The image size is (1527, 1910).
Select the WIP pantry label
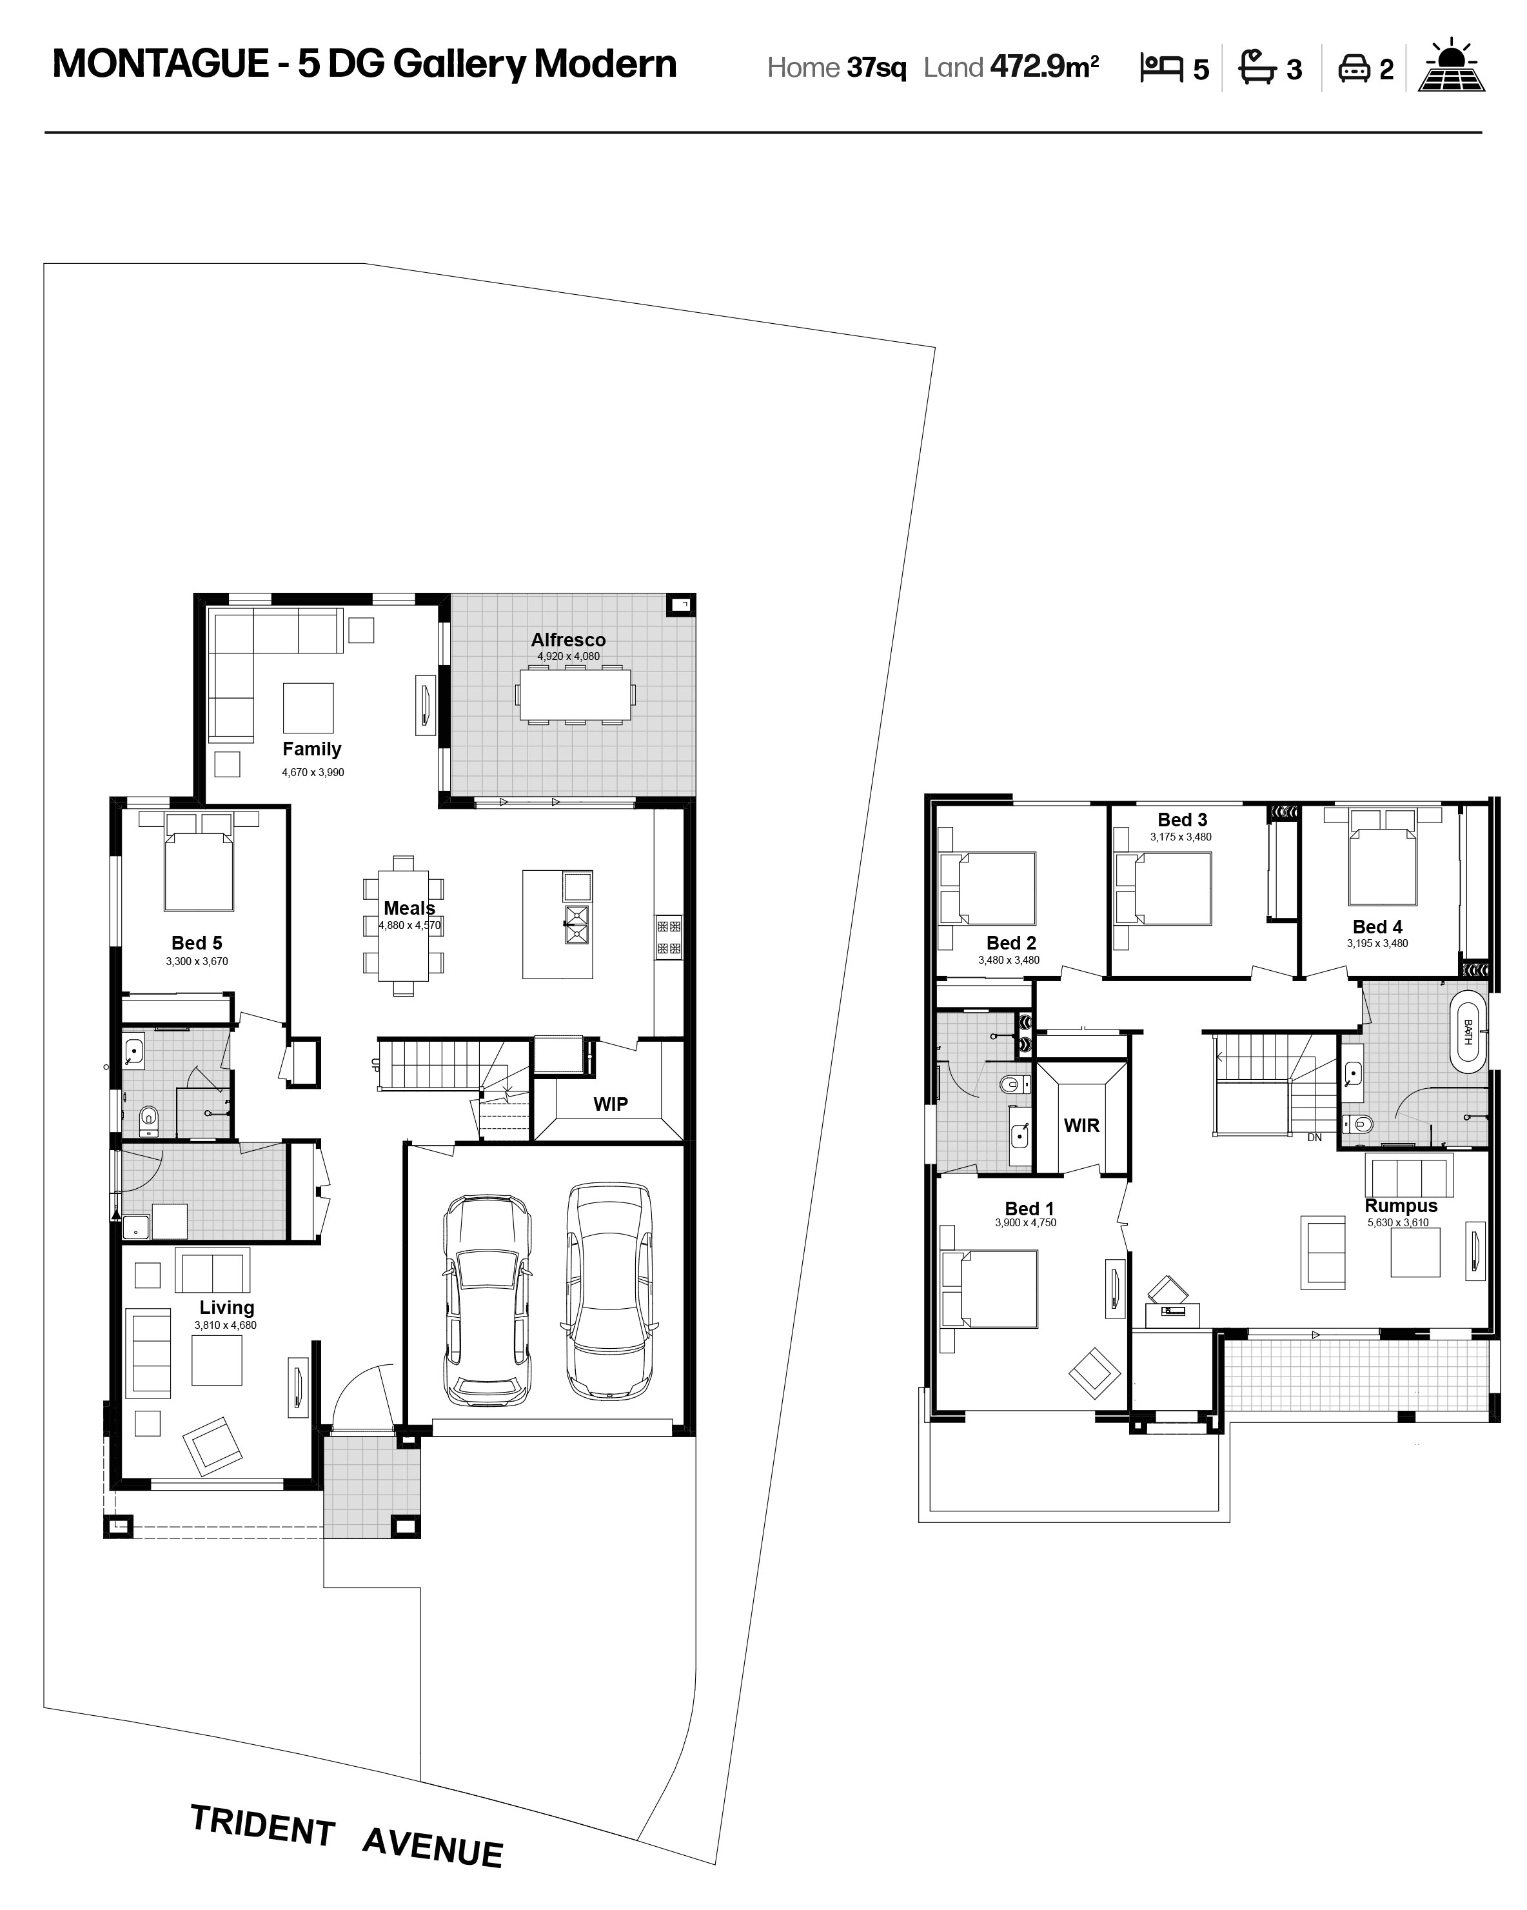(x=610, y=1104)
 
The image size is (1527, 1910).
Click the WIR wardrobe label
(x=1081, y=1125)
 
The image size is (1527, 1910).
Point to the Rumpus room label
(x=1401, y=1206)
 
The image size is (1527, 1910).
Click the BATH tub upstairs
(x=1468, y=1032)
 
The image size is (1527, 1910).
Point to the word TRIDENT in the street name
(x=262, y=1827)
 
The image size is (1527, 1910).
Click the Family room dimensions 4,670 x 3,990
(x=313, y=773)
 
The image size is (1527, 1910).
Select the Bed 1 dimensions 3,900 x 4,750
(x=1026, y=1222)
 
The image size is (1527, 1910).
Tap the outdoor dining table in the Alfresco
(x=575, y=695)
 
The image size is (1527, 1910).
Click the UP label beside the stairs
(x=375, y=1066)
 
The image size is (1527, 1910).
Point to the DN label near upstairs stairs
(x=1314, y=1137)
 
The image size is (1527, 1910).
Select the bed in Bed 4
(x=1382, y=857)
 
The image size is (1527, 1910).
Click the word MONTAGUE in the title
(x=161, y=64)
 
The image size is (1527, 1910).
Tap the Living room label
(x=227, y=1308)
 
